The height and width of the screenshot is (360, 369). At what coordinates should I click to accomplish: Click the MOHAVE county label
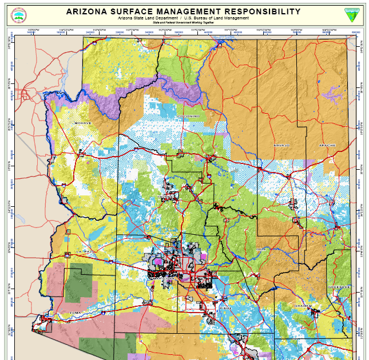(82, 123)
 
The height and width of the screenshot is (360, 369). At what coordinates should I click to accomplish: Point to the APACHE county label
(319, 145)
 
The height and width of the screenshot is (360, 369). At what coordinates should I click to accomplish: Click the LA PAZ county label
(82, 250)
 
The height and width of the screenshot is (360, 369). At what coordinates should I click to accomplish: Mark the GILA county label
(262, 249)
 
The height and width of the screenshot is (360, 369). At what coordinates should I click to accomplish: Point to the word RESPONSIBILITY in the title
(270, 11)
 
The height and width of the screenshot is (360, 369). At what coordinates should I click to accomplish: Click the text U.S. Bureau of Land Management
(216, 18)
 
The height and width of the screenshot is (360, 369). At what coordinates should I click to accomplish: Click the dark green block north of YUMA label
(78, 283)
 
